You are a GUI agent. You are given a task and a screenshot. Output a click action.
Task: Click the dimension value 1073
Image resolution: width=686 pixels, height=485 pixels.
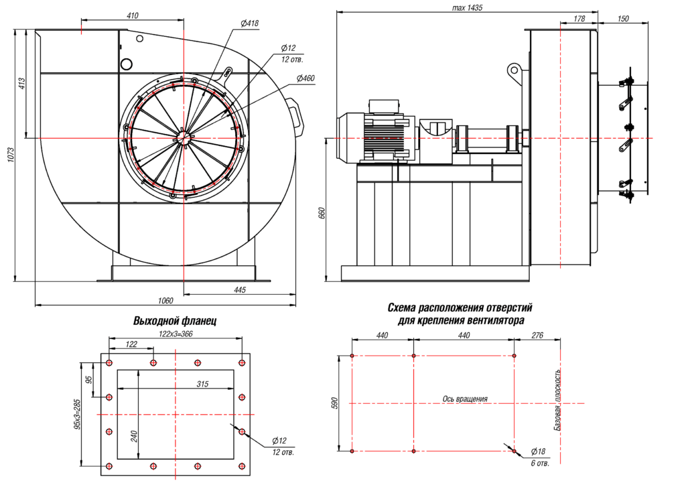tap(11, 155)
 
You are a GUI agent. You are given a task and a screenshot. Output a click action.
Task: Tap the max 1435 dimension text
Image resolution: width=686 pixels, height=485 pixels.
tap(468, 7)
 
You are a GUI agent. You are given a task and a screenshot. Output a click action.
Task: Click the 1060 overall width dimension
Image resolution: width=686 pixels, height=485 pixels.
tap(165, 301)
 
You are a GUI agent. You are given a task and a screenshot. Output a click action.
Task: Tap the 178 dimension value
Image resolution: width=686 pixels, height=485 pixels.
tap(579, 19)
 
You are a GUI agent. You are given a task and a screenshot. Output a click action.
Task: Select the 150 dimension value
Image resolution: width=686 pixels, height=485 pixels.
tap(622, 19)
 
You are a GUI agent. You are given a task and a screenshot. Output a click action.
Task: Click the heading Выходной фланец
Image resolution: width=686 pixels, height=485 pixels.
tap(175, 321)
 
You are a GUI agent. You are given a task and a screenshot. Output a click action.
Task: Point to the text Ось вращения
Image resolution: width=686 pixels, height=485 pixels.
tap(465, 399)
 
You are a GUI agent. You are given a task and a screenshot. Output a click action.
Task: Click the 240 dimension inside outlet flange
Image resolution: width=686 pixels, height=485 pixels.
tap(135, 436)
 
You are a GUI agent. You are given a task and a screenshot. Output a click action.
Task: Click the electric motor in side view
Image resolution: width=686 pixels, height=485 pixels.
tap(375, 134)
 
